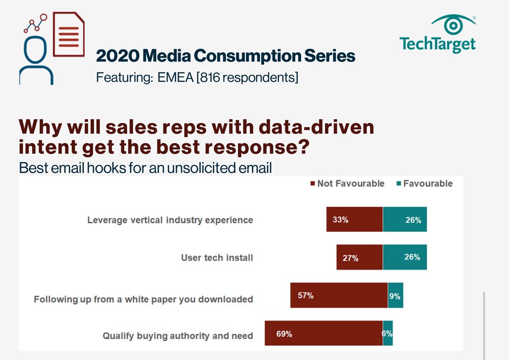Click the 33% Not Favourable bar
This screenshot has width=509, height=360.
[x=354, y=220]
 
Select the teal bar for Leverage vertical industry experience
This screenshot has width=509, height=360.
[x=405, y=220]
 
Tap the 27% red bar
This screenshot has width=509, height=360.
[x=359, y=257]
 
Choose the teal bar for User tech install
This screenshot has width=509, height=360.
[x=405, y=257]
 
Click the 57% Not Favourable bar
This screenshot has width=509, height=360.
[x=338, y=295]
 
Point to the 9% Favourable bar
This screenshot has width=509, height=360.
[x=395, y=295]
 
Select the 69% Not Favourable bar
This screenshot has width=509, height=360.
[x=324, y=334]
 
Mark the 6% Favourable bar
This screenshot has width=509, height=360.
[x=388, y=334]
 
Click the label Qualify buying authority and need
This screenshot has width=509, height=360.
[x=178, y=336]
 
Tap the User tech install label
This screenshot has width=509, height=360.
[x=217, y=258]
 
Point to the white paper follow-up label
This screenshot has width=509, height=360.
[x=144, y=299]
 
